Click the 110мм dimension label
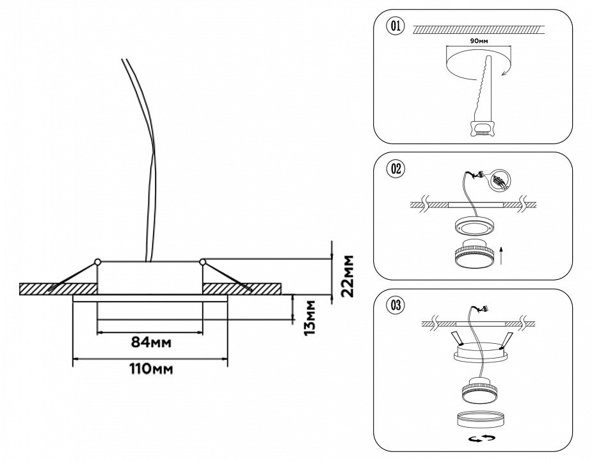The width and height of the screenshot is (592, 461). (150, 369)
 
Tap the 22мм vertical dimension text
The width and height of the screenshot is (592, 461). (348, 276)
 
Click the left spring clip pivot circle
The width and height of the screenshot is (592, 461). (97, 261)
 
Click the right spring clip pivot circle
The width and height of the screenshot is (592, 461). (203, 261)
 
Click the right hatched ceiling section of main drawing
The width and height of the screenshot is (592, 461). (250, 289)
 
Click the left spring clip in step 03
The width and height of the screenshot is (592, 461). (454, 338)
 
